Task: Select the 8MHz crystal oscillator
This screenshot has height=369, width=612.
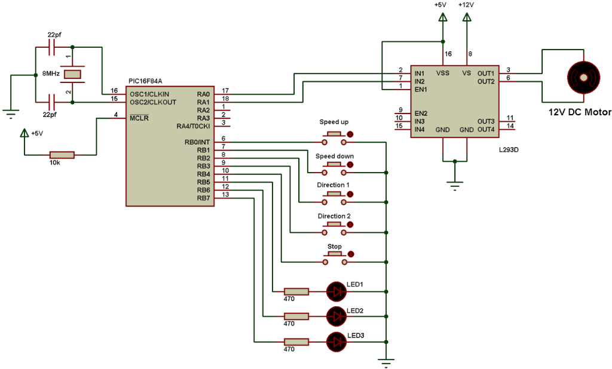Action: click(x=72, y=74)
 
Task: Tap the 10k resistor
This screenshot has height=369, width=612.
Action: click(x=62, y=155)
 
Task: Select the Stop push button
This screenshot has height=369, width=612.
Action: click(x=334, y=259)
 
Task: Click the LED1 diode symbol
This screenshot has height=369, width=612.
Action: click(x=338, y=291)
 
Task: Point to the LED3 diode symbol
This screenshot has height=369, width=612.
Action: click(x=338, y=342)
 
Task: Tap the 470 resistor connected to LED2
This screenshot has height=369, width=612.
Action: click(x=296, y=316)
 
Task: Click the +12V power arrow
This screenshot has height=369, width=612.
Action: click(x=466, y=19)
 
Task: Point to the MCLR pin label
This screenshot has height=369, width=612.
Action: click(x=139, y=118)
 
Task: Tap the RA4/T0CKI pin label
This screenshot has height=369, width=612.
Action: click(x=194, y=126)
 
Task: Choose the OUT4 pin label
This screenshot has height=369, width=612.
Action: click(x=485, y=130)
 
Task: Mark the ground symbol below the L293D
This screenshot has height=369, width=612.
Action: click(x=455, y=186)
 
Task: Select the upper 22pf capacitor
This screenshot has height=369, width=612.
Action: click(x=51, y=47)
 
